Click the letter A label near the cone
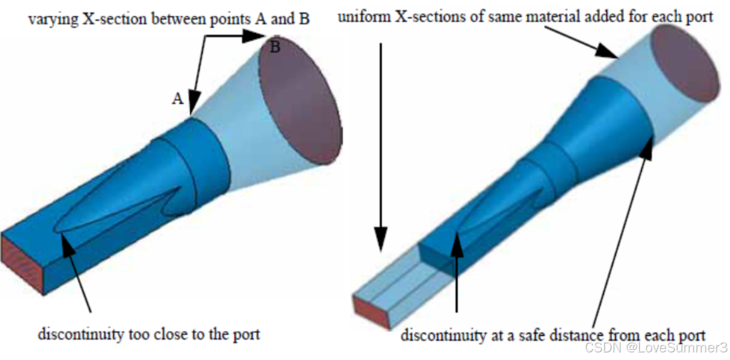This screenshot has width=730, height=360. [178, 98]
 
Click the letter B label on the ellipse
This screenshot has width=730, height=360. [275, 47]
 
